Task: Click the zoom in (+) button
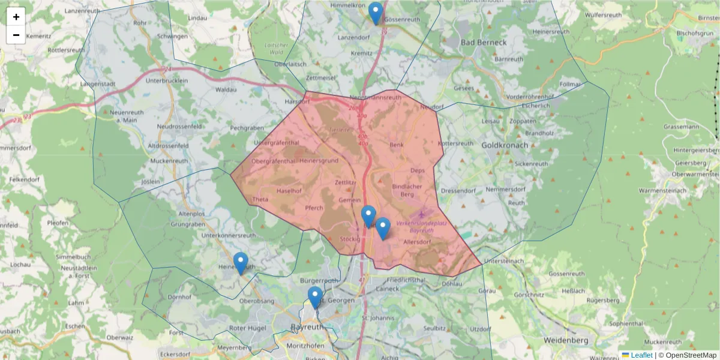[x=16, y=17]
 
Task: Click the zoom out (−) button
[x=16, y=35]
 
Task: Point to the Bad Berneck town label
[x=484, y=43]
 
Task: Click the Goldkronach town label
[x=505, y=145]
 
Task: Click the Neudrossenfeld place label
[x=182, y=127]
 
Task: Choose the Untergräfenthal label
[x=277, y=143]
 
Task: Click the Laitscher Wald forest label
[x=276, y=49]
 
